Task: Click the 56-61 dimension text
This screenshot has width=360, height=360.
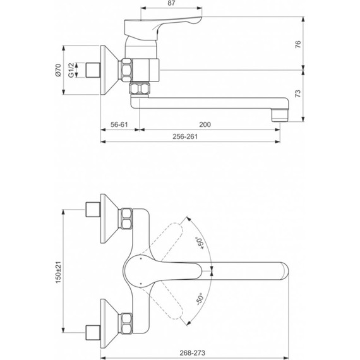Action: click(120, 125)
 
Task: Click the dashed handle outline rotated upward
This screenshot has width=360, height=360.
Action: click(172, 239)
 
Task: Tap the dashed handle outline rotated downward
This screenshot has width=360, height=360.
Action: click(172, 299)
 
